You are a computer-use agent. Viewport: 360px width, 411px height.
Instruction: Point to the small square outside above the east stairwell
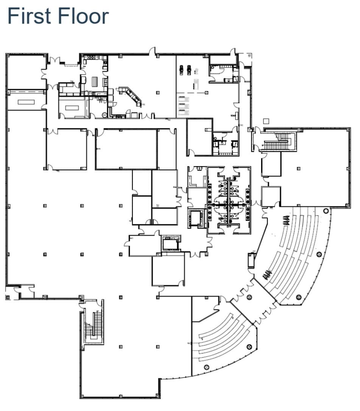(266, 121)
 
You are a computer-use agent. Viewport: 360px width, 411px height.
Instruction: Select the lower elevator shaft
(170, 244)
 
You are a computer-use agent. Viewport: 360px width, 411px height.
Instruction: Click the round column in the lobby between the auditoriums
(249, 297)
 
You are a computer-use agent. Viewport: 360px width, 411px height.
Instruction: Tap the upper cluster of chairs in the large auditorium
(286, 220)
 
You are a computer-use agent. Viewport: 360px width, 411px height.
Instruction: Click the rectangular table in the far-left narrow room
(26, 102)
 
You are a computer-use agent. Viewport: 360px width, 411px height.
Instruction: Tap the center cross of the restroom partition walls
(228, 204)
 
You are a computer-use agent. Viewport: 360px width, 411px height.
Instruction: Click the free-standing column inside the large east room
(299, 168)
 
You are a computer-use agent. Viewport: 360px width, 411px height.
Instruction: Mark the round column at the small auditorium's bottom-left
(207, 367)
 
